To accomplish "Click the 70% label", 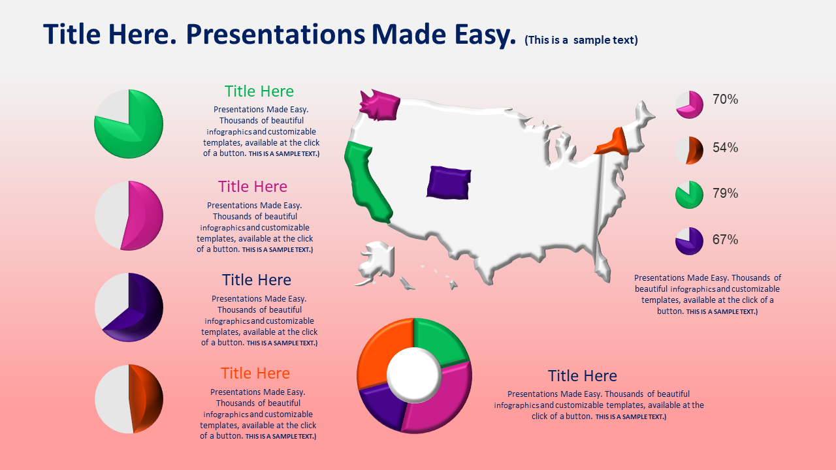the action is tap(725, 99).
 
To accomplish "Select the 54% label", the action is tap(725, 148).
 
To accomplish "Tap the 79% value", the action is tap(725, 193).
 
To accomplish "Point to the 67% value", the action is tap(725, 240).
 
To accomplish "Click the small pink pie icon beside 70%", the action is tap(689, 104).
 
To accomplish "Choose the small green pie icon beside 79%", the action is tap(689, 195).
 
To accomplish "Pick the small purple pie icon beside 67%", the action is tap(689, 241).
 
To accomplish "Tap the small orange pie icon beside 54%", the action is tap(689, 150).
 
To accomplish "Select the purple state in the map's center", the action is tap(449, 183).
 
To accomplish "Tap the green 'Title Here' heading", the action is tap(259, 91).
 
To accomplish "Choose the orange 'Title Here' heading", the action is tap(255, 373).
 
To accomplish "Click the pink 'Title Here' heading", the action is tap(253, 187).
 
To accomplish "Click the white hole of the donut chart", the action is tap(414, 375).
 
